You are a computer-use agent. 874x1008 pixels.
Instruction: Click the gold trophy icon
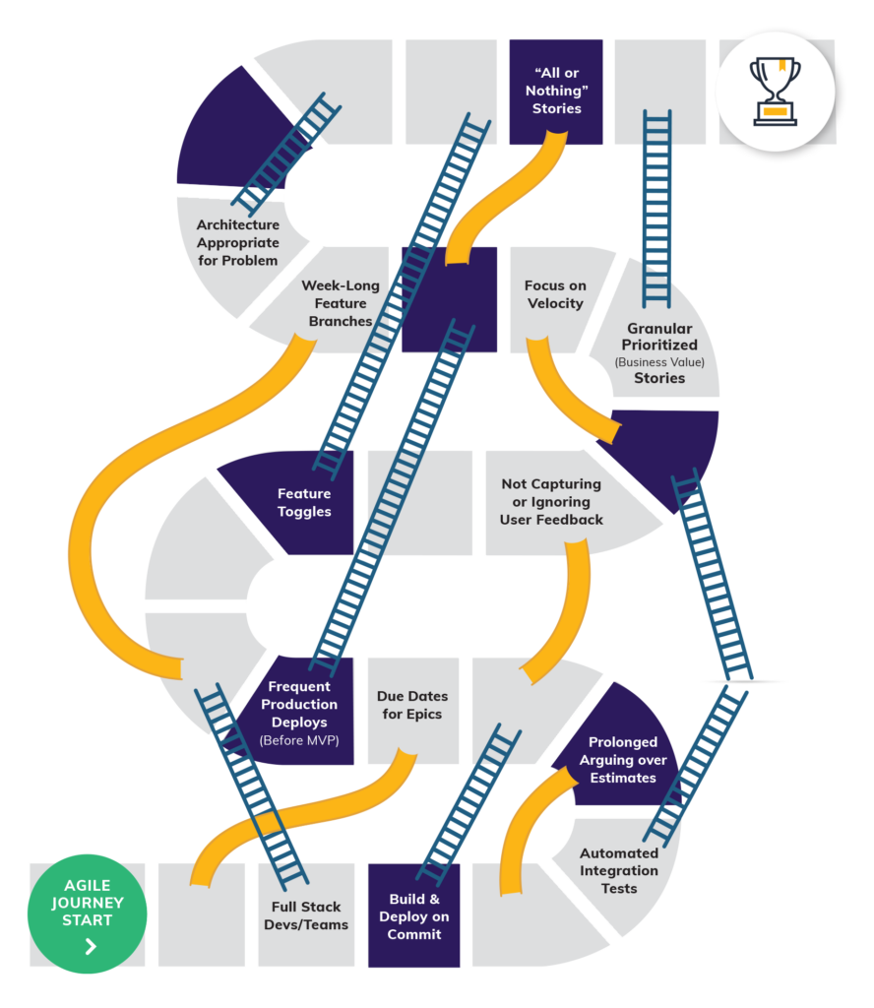pyautogui.click(x=775, y=91)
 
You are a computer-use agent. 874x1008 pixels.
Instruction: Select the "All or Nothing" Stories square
pyautogui.click(x=556, y=91)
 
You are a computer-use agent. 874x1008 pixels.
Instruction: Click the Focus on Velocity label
pyautogui.click(x=555, y=294)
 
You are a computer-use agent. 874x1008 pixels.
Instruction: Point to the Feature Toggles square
pyautogui.click(x=303, y=502)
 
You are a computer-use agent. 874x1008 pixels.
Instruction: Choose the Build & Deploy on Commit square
pyautogui.click(x=413, y=915)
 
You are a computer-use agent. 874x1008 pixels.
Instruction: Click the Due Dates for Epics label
pyautogui.click(x=412, y=705)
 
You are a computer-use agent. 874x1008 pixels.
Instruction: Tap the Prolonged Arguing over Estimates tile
pyautogui.click(x=622, y=759)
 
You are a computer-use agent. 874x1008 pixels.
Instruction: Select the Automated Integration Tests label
pyautogui.click(x=619, y=870)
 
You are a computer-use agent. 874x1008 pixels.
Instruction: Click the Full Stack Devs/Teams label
pyautogui.click(x=306, y=915)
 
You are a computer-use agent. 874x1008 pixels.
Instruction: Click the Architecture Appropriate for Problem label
pyautogui.click(x=237, y=242)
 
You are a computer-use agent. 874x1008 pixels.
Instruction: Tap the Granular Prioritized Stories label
pyautogui.click(x=659, y=352)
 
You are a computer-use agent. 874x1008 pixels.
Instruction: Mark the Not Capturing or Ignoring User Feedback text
pyautogui.click(x=551, y=501)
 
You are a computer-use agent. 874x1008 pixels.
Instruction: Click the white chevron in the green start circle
pyautogui.click(x=91, y=946)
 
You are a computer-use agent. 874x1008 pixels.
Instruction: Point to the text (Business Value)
pyautogui.click(x=659, y=361)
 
